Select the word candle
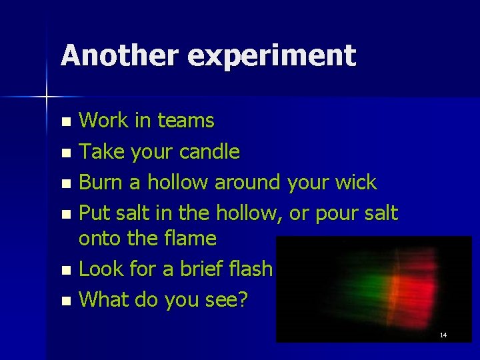pos(208,151)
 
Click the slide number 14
pos(443,335)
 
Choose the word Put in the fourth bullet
pos(93,213)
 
